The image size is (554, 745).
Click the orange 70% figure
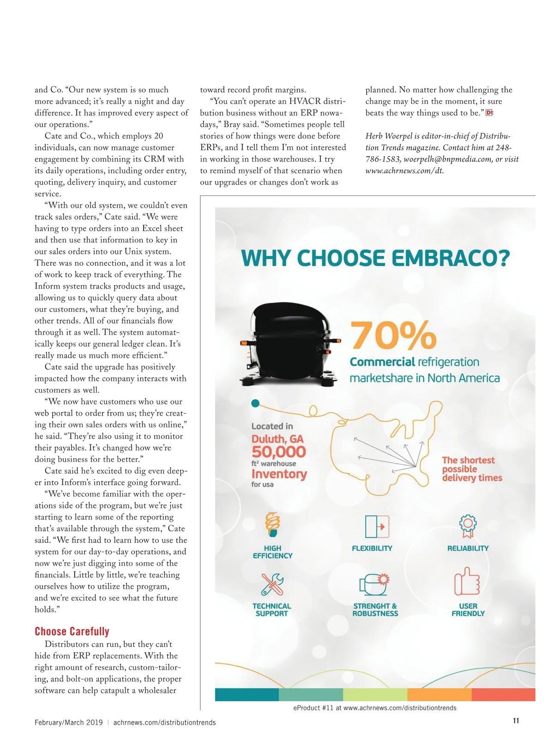[393, 336]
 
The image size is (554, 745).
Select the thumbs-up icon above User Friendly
[467, 581]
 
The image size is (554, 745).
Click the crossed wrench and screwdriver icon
[272, 584]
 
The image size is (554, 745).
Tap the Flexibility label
[372, 548]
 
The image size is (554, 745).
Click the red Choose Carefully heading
[72, 631]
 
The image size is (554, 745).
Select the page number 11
[516, 721]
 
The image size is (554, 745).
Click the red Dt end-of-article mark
[490, 113]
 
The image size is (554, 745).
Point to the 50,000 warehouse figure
[279, 452]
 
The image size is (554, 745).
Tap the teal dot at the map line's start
[255, 403]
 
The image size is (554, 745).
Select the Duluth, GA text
[277, 439]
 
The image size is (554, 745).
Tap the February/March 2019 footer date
[69, 722]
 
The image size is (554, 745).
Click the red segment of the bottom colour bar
[503, 695]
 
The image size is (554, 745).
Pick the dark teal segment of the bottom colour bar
[247, 695]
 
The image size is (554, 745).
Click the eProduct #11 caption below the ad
[375, 708]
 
